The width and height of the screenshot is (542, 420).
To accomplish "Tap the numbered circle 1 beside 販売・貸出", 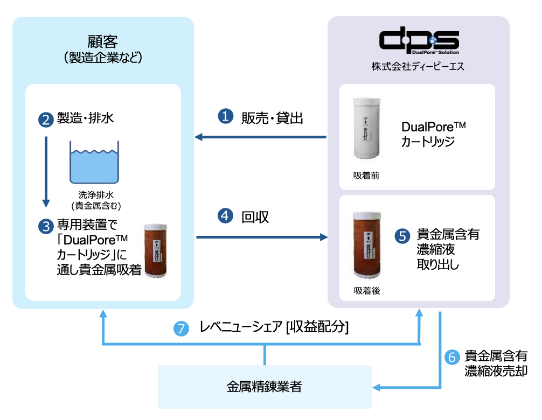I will pyautogui.click(x=225, y=116).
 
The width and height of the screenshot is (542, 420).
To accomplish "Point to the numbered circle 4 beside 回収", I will pyautogui.click(x=225, y=216).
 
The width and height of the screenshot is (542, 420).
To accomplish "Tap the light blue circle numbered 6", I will pyautogui.click(x=451, y=356).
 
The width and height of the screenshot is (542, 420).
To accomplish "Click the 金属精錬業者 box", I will pyautogui.click(x=265, y=387).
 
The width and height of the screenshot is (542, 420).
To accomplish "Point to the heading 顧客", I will pyautogui.click(x=102, y=42).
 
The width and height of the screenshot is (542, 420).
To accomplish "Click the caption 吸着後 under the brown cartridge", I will pyautogui.click(x=366, y=290).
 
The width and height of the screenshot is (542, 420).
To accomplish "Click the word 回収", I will pyautogui.click(x=255, y=216).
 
